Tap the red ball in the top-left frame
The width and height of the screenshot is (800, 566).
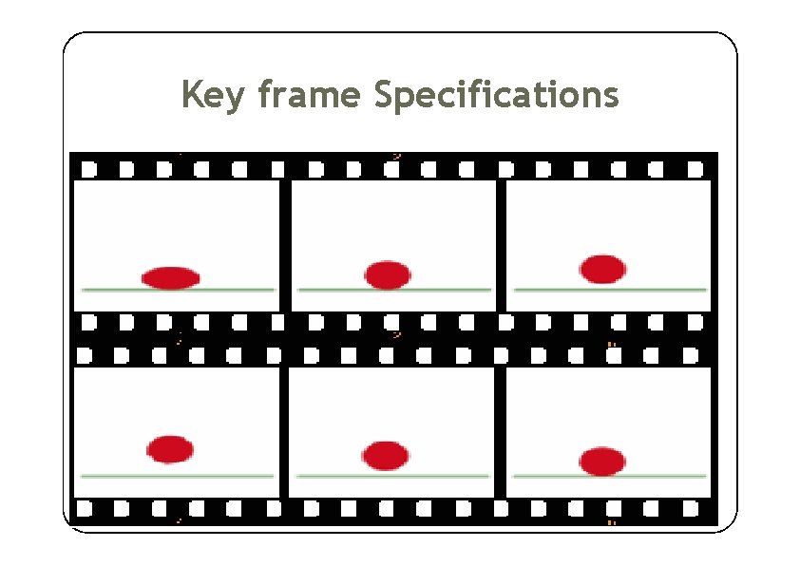pyautogui.click(x=170, y=277)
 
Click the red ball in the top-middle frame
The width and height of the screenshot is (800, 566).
pyautogui.click(x=388, y=274)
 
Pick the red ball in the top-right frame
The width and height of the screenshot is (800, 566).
pyautogui.click(x=602, y=269)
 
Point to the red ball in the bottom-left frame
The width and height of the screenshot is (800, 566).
pyautogui.click(x=170, y=448)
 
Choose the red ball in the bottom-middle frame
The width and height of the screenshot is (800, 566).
pyautogui.click(x=385, y=455)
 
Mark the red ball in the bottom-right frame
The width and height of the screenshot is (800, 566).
pyautogui.click(x=602, y=461)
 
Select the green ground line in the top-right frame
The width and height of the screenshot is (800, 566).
pyautogui.click(x=665, y=289)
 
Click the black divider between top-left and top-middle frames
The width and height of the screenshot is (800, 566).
pyautogui.click(x=285, y=245)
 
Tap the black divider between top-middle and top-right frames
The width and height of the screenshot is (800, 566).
pyautogui.click(x=501, y=245)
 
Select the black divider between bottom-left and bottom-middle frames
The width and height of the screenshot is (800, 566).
pyautogui.click(x=284, y=432)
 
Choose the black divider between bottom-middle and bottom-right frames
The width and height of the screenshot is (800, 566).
pyautogui.click(x=500, y=432)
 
